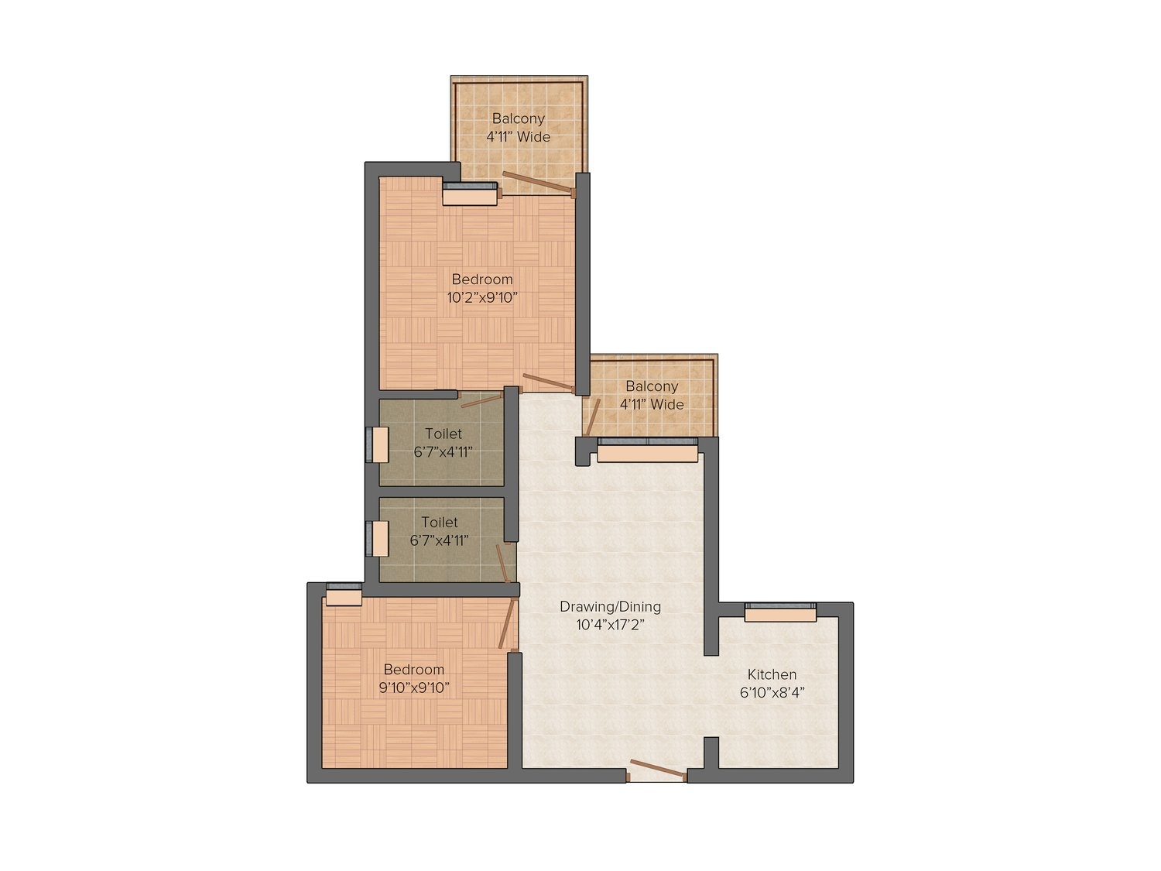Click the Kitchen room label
pyautogui.click(x=772, y=674)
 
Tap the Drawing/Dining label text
pyautogui.click(x=611, y=607)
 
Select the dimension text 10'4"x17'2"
pyautogui.click(x=611, y=626)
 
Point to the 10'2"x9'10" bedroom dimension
pyautogui.click(x=482, y=297)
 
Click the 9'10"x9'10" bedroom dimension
pyautogui.click(x=414, y=688)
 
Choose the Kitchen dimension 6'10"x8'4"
pyautogui.click(x=772, y=693)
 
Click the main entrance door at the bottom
pyautogui.click(x=657, y=770)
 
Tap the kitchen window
pyautogui.click(x=780, y=611)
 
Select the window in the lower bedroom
pyautogui.click(x=344, y=593)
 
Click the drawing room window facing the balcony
pyautogui.click(x=647, y=449)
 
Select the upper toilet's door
pyautogui.click(x=481, y=399)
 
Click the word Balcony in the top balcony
pyautogui.click(x=519, y=118)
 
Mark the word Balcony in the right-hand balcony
pyautogui.click(x=652, y=386)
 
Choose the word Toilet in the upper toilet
pyautogui.click(x=444, y=434)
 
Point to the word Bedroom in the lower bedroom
pyautogui.click(x=414, y=669)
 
